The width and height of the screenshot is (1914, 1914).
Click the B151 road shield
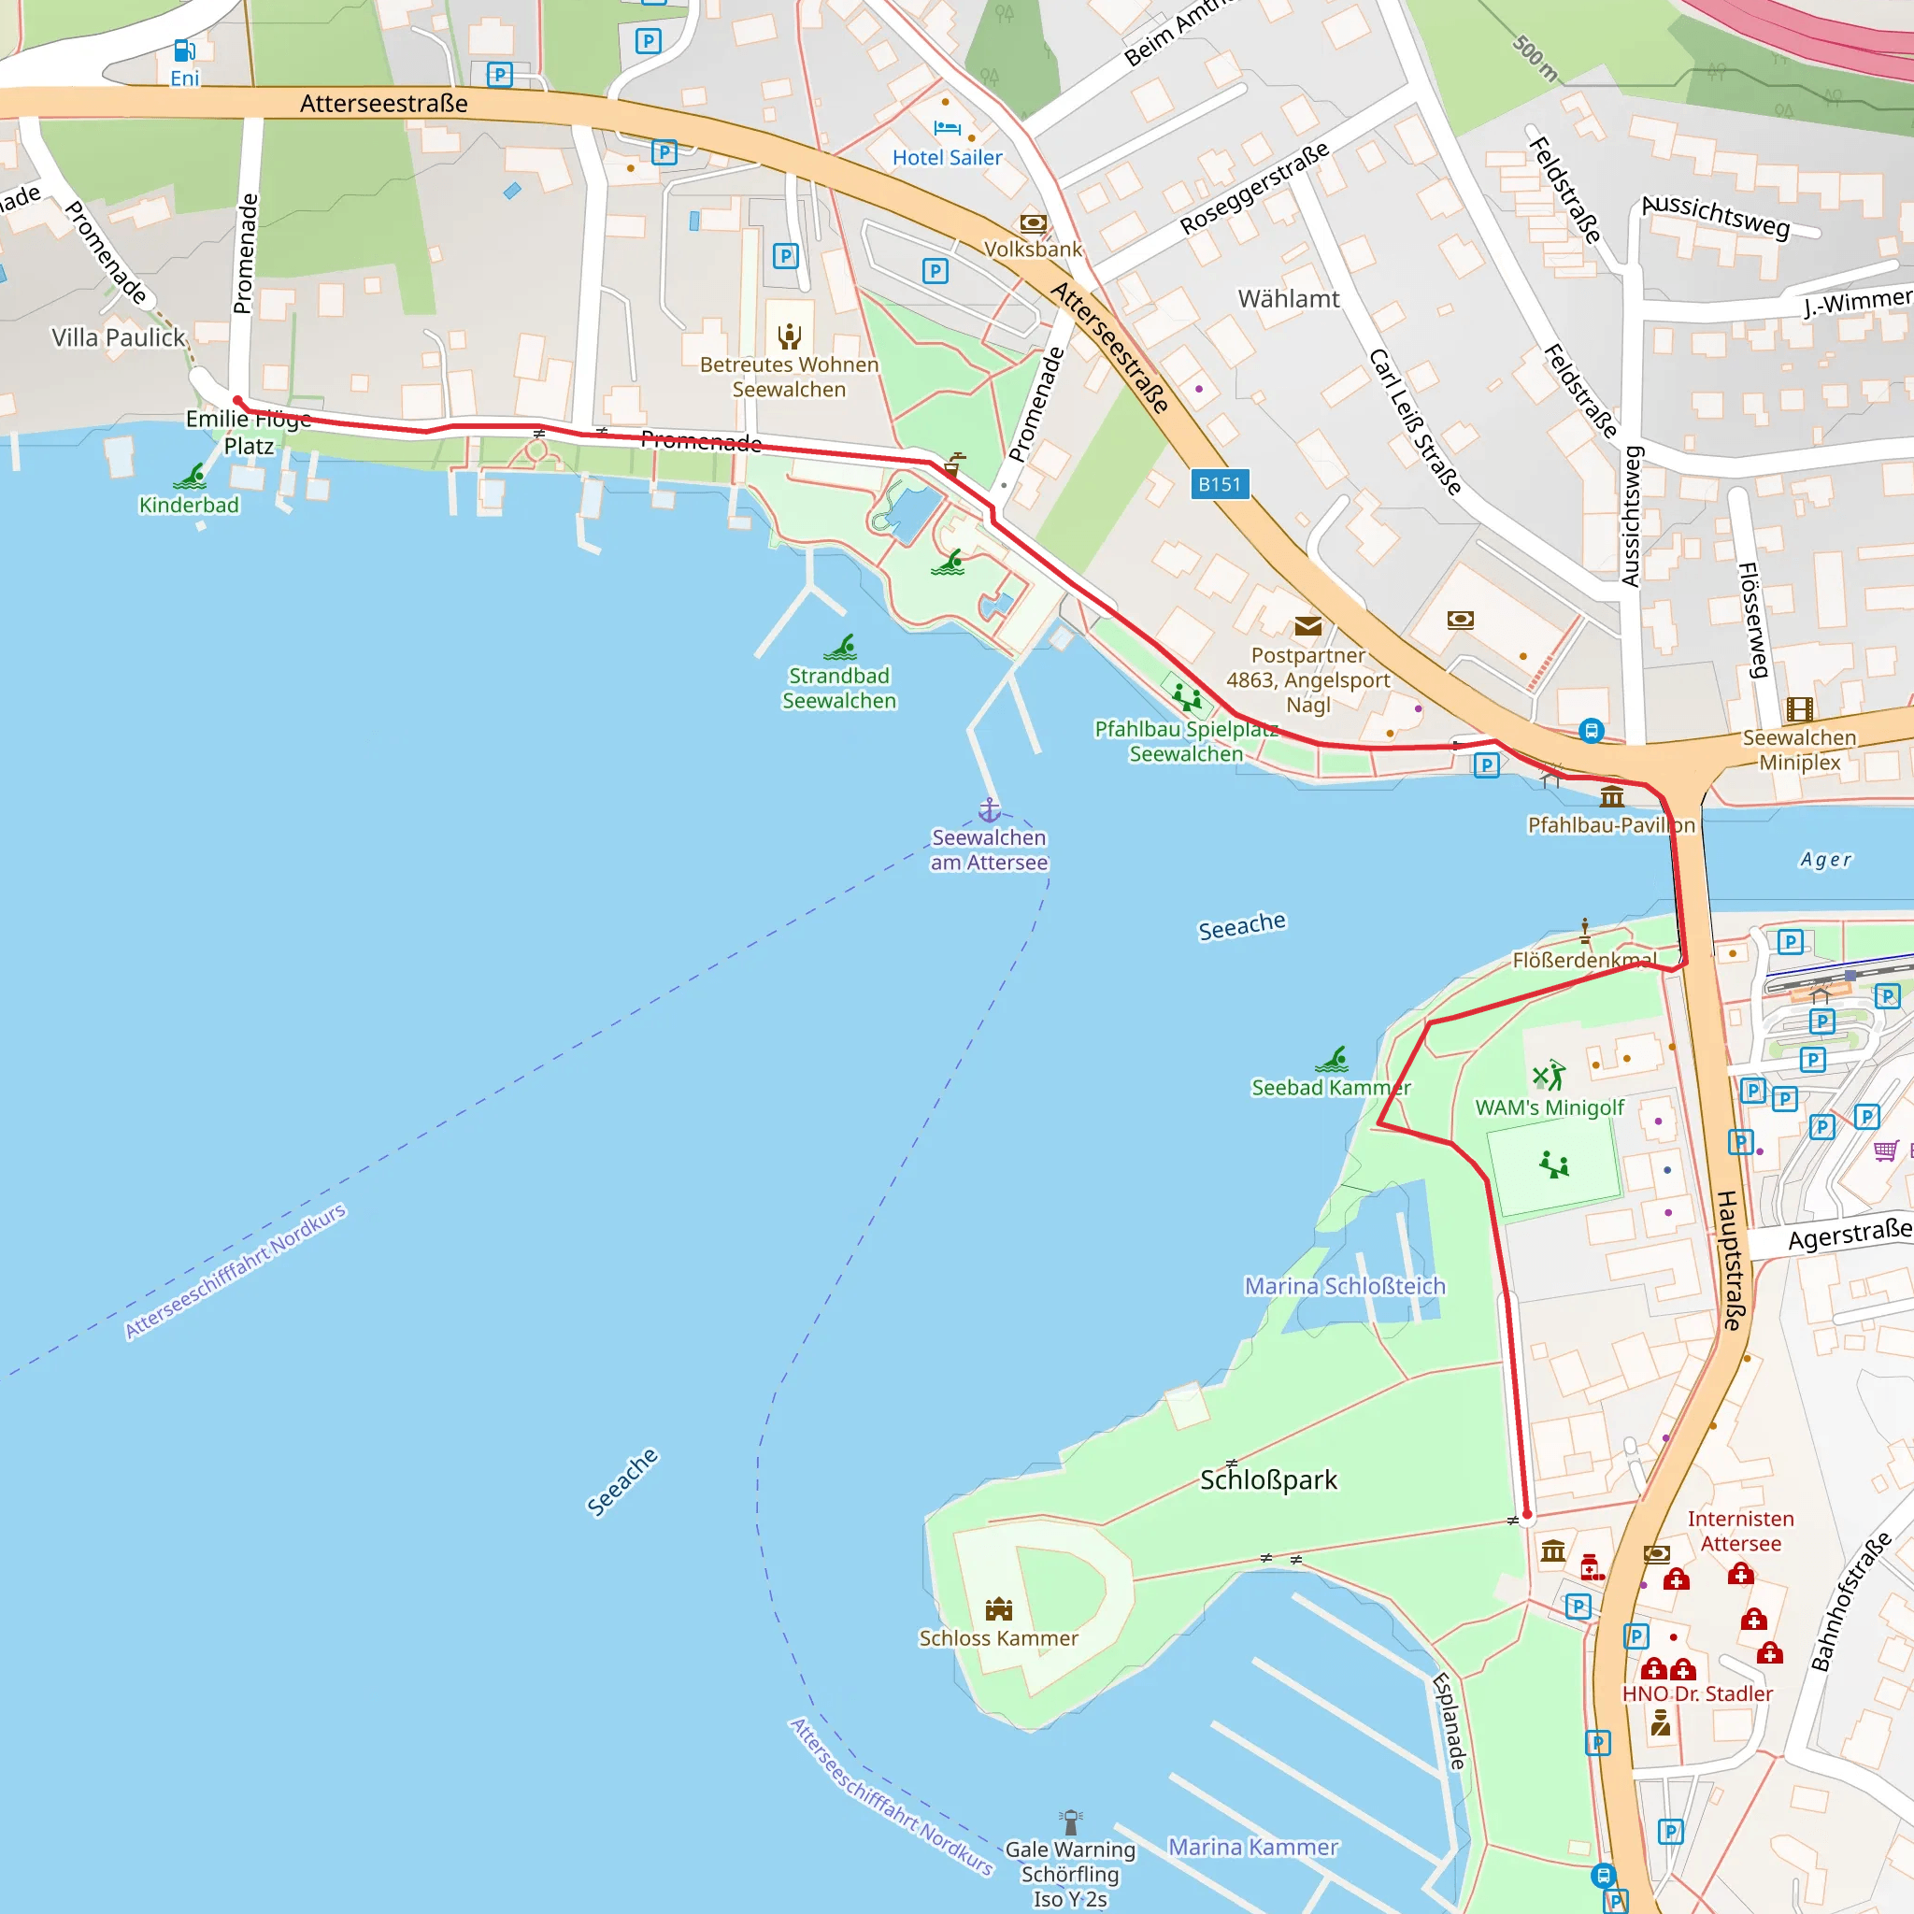1219,484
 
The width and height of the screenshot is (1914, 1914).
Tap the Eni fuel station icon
184,50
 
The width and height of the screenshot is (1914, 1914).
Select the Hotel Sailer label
947,158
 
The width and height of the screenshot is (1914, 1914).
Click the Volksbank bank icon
1034,223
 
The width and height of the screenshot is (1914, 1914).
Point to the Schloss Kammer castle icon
999,1609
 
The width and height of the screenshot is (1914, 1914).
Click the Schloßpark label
1268,1480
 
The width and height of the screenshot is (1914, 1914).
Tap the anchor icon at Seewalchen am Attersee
990,810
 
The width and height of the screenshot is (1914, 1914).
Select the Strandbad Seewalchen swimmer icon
840,648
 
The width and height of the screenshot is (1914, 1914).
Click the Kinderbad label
189,506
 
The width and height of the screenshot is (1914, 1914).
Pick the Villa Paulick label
119,337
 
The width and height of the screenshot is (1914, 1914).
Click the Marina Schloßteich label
1344,1286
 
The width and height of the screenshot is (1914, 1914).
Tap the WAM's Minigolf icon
1550,1075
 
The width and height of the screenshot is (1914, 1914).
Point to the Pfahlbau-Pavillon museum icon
1612,796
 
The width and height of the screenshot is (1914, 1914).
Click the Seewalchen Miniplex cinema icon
1799,709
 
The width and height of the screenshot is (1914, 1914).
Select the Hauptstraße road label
1730,1260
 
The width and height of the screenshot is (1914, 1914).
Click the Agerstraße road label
1849,1236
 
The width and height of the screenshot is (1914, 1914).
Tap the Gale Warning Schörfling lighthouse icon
1071,1821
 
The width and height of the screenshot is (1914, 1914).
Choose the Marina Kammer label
1253,1847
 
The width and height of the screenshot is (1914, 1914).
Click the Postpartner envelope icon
1307,626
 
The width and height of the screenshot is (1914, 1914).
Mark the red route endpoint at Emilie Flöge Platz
237,400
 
